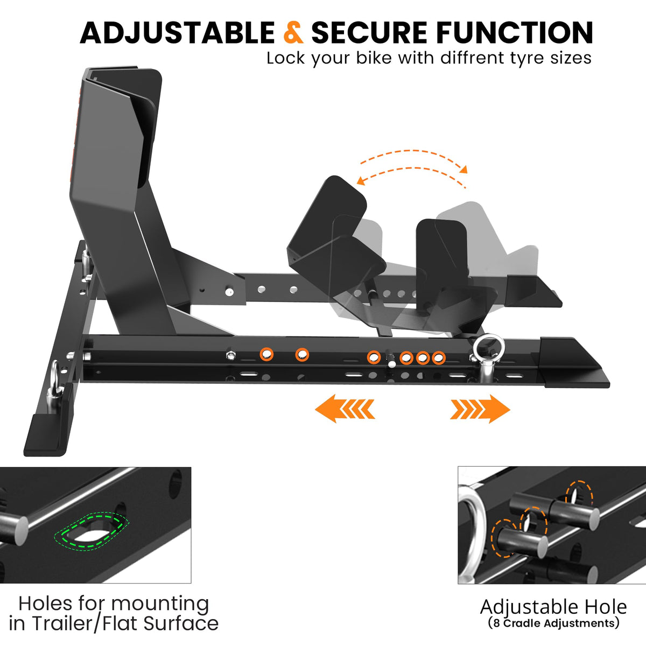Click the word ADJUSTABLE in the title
pos(177,33)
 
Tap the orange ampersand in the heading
pos(293,32)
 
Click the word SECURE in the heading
pos(369,33)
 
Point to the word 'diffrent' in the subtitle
pos(473,58)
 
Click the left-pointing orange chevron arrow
pos(345,409)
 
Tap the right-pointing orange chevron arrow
pos(480,409)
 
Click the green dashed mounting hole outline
pos(91,531)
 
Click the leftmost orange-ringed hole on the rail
pos(267,354)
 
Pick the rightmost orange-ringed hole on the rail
pos(439,357)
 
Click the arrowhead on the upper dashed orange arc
pos(464,169)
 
